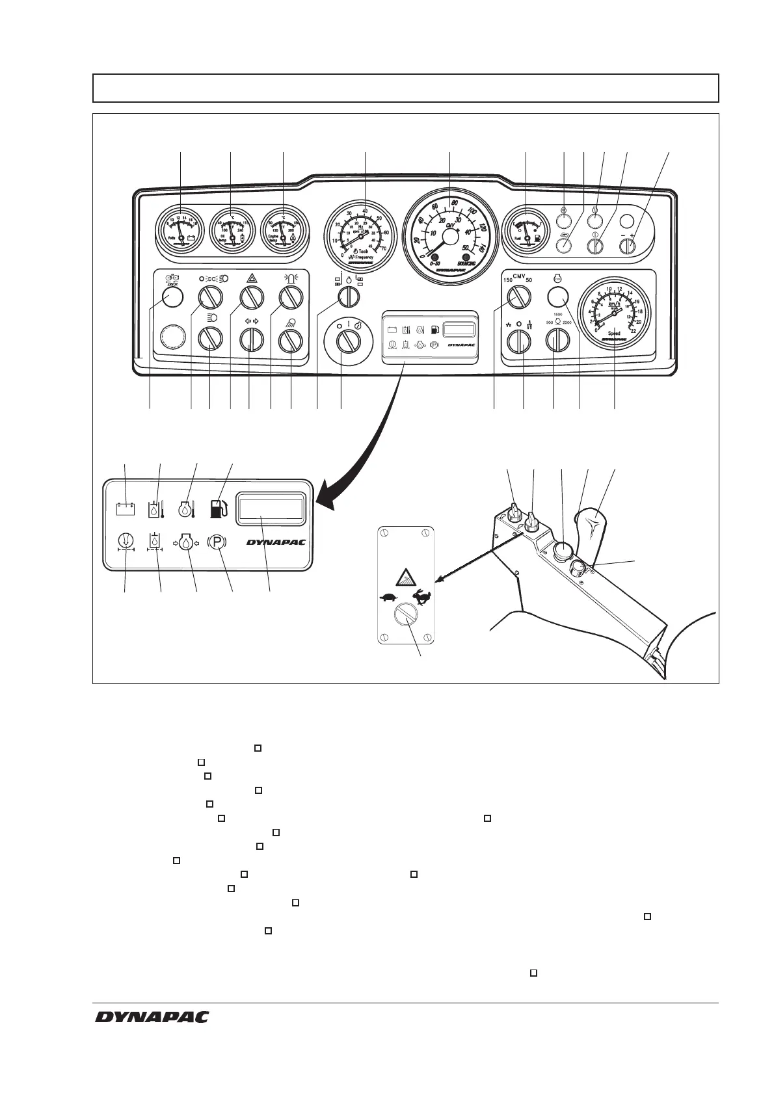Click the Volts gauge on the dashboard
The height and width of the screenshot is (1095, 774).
(181, 230)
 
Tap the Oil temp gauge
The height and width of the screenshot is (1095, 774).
(232, 230)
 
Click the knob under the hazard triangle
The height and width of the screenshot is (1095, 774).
(250, 298)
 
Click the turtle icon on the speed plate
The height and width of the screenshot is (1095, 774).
(390, 596)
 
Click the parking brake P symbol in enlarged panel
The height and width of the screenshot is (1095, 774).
(217, 542)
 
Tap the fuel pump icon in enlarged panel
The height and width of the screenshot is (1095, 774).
(219, 508)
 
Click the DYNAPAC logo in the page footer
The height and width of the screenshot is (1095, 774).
(152, 1016)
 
